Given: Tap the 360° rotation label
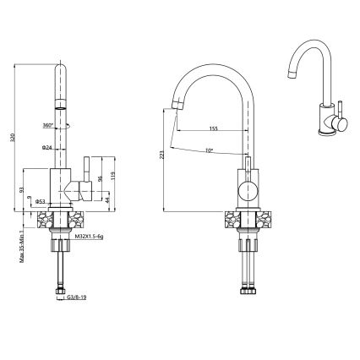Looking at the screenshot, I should (x=47, y=125).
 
